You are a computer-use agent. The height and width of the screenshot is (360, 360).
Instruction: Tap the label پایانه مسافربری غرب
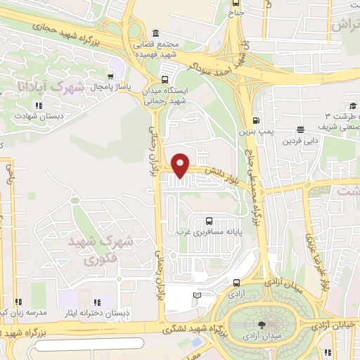pos(208,231)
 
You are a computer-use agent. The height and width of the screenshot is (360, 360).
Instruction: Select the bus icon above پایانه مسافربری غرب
pos(208,221)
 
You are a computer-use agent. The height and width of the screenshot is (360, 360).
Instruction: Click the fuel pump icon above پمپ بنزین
pos(257,120)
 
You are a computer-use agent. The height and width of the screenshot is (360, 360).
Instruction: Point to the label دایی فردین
pos(296,141)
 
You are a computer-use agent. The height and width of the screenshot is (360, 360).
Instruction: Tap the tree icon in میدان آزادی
pos(262,325)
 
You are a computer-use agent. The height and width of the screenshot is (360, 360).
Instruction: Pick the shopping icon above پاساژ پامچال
pos(110,75)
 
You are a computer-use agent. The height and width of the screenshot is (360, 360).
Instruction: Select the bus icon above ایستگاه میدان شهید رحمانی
pos(165,79)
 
